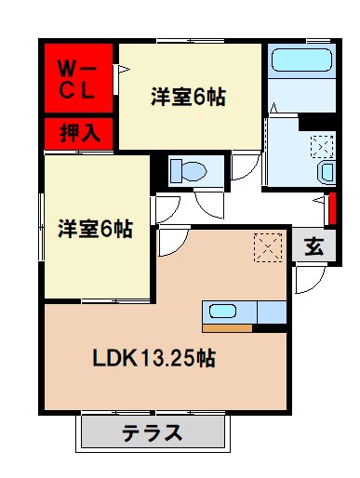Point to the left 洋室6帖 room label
[x=95, y=228]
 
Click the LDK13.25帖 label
[x=154, y=357]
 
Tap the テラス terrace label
[x=153, y=432]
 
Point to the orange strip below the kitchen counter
[x=227, y=327]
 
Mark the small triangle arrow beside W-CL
[x=119, y=69]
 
